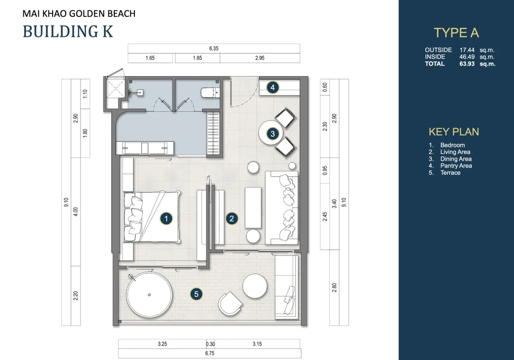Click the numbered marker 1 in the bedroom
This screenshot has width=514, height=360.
click(166, 219)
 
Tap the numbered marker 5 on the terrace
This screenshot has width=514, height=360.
click(196, 294)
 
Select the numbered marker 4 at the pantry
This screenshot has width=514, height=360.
click(272, 87)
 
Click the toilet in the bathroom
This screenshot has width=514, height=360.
click(210, 93)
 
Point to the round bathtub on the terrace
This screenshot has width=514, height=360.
click(149, 295)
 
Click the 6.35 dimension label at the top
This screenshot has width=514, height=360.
click(214, 48)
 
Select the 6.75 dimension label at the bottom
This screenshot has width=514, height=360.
click(210, 353)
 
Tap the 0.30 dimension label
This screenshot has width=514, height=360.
click(210, 344)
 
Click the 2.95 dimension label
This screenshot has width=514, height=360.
click(260, 58)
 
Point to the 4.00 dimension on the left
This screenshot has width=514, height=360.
click(76, 212)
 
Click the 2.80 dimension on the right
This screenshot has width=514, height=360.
click(335, 288)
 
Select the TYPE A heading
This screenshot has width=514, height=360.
click(456, 33)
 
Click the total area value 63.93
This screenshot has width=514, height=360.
click(467, 63)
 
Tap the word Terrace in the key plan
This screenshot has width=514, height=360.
click(450, 173)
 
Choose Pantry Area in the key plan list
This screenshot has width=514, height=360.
click(456, 166)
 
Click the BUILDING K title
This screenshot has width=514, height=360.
click(68, 31)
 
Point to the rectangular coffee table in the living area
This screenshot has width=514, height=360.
click(253, 207)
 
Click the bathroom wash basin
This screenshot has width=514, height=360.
click(140, 93)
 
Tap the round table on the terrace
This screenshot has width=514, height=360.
click(255, 286)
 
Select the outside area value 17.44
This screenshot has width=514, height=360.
click(467, 50)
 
